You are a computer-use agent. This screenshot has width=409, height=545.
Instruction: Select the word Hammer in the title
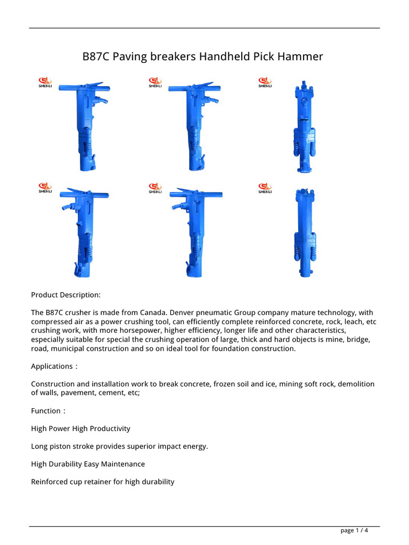(x=302, y=57)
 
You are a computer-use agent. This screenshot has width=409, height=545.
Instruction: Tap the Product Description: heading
(x=66, y=295)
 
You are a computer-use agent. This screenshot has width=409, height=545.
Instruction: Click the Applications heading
(x=52, y=366)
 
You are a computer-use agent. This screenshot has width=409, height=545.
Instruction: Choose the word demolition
(x=356, y=384)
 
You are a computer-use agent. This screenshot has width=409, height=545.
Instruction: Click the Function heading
(x=46, y=411)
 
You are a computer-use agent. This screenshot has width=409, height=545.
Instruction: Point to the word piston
(x=60, y=446)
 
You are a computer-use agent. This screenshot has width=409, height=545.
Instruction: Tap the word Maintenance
(x=124, y=464)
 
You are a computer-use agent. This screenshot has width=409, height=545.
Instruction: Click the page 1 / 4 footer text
(x=354, y=530)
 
